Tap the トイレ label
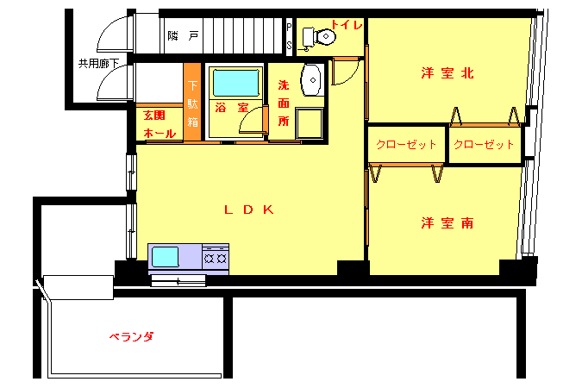tap(347, 25)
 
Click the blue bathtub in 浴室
tap(235, 83)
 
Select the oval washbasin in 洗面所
tap(311, 80)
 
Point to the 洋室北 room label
tap(447, 72)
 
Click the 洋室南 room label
tap(447, 223)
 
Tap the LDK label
tap(249, 210)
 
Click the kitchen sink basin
tap(166, 257)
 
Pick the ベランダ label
tap(131, 337)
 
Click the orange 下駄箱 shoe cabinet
tap(192, 102)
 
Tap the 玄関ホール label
tap(160, 124)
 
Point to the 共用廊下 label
tap(99, 64)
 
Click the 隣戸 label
tap(184, 36)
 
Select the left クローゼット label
tap(406, 145)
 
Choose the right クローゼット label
tap(484, 145)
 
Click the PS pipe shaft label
tap(289, 36)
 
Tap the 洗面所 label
tap(284, 103)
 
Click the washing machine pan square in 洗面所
tap(310, 123)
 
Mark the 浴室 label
tap(232, 108)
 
